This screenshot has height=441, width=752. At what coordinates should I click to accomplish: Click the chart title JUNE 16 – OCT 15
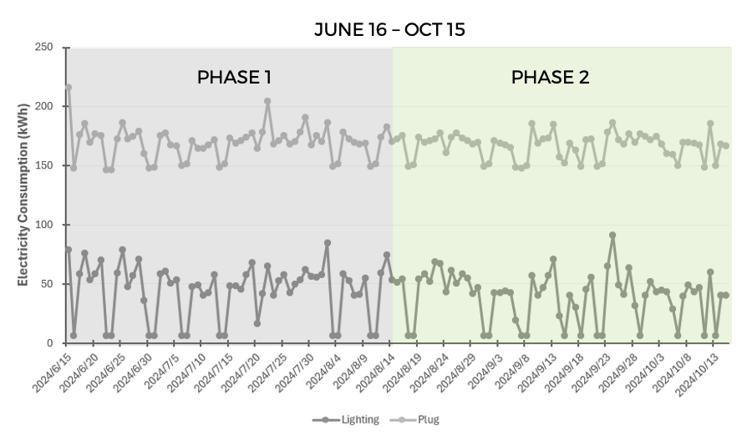[389, 29]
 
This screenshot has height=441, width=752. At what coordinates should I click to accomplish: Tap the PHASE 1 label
[234, 78]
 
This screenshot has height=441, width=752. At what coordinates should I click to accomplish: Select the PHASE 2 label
[550, 78]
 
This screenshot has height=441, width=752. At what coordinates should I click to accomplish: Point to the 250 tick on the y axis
[45, 48]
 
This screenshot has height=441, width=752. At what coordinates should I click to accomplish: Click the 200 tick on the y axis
[45, 107]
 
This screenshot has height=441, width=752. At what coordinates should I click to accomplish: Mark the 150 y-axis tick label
[45, 166]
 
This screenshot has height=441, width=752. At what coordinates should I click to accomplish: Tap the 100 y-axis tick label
[45, 225]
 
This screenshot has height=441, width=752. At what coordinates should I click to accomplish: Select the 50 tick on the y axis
[48, 284]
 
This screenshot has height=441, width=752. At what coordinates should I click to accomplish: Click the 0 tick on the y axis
[51, 343]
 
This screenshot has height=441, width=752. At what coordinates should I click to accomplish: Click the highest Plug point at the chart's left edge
[69, 87]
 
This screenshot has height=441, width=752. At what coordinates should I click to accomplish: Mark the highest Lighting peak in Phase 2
[612, 236]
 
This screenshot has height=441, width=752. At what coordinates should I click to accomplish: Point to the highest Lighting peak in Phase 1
[328, 243]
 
